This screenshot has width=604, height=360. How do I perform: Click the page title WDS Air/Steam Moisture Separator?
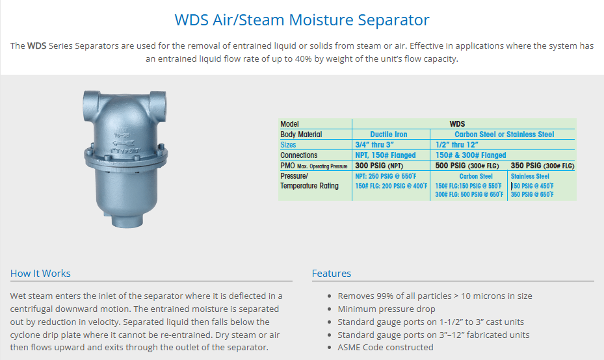coord(302,20)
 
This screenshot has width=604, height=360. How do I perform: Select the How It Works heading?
coord(40,274)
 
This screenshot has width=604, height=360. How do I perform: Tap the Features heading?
coord(332,274)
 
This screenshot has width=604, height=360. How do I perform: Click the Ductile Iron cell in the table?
coord(389,135)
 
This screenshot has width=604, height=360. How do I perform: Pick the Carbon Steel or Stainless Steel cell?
coord(505,135)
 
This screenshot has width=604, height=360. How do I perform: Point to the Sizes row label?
coord(288,145)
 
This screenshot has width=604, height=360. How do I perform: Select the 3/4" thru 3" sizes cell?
coord(374,145)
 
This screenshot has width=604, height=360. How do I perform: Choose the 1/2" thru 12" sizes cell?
coord(457,145)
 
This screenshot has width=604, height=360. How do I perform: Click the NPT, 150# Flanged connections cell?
coord(386,155)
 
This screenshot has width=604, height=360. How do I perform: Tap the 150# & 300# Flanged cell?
coord(471,155)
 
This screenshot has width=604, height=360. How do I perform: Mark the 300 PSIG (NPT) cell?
coord(379,166)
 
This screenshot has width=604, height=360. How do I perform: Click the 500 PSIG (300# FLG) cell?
coord(467,166)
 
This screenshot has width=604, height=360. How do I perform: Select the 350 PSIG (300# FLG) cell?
coord(542,166)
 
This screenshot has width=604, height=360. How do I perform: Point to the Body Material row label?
coord(301,135)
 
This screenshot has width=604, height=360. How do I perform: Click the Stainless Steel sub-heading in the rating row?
coord(530,176)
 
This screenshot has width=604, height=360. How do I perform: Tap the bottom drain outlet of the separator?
coord(127,221)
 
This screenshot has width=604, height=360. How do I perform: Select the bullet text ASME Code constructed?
coord(386,347)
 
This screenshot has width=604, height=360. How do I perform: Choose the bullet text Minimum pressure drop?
coord(386,309)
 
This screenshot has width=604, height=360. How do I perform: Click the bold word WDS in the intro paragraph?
coord(36,46)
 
